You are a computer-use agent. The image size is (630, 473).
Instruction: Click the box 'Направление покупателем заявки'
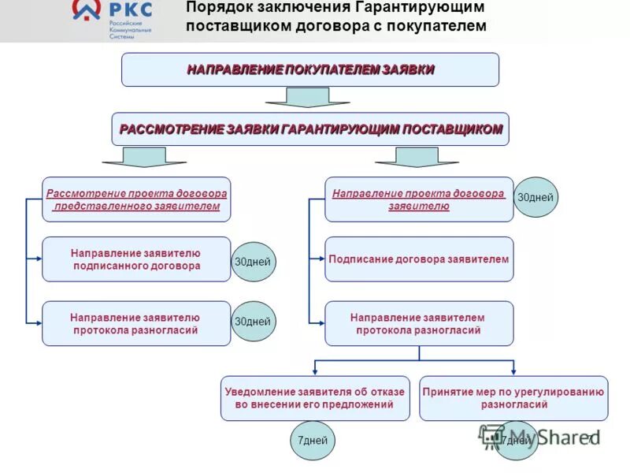point(309,69)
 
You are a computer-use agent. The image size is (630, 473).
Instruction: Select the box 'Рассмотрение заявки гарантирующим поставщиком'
point(309,129)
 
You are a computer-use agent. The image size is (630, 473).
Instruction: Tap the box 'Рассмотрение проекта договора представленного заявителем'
point(136,199)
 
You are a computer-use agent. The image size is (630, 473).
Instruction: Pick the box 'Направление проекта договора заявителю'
point(419,199)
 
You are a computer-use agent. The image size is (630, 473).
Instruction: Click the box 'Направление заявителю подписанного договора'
point(136,259)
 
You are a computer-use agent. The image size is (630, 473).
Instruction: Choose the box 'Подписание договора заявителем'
point(419,259)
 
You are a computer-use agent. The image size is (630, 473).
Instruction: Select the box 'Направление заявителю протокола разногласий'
point(136,323)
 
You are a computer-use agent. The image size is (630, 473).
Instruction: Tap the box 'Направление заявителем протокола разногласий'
point(419,323)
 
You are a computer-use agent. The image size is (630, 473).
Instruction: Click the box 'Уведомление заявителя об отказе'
point(315,398)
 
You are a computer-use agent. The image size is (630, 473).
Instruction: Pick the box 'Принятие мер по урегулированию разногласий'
point(513,398)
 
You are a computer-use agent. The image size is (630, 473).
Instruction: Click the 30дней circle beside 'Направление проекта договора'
point(536,198)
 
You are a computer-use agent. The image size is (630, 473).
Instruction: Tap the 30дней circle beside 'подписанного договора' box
point(253,261)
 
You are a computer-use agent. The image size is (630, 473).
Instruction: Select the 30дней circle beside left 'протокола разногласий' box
point(253,322)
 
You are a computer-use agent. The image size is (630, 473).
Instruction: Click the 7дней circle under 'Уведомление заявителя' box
point(313,440)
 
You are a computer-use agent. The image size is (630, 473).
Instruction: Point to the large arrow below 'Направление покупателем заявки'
point(296,98)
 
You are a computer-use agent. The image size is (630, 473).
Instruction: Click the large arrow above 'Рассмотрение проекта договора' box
point(144,157)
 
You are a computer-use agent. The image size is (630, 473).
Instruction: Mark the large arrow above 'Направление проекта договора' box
point(405,157)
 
